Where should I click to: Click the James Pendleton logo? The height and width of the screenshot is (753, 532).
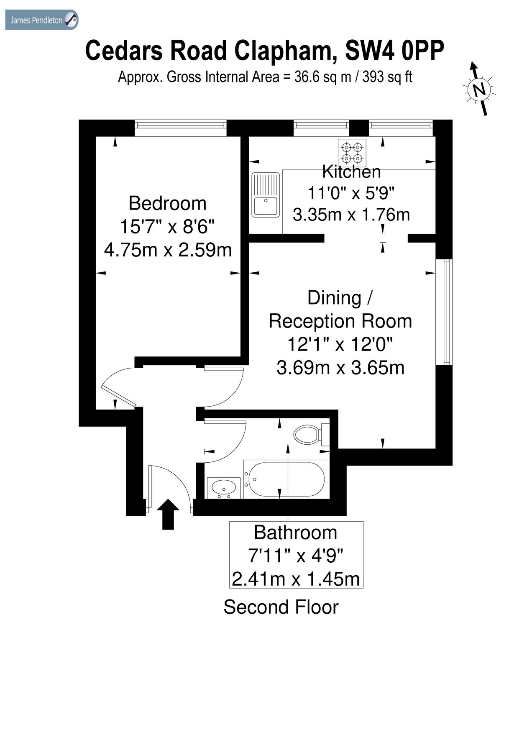41,20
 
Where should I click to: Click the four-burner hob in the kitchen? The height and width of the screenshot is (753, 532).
352,153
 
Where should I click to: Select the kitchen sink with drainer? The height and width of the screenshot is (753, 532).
265,195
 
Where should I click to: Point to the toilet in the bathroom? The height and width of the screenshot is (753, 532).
309,435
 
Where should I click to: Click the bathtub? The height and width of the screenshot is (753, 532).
284,479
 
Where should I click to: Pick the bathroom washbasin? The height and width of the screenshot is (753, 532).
224,488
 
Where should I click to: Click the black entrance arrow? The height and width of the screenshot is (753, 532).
168,514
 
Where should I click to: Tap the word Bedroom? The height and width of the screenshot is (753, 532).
167,203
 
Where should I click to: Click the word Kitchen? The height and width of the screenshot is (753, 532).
351,172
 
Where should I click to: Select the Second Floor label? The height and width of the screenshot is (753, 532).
281,607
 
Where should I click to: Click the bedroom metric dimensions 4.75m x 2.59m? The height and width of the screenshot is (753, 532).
167,250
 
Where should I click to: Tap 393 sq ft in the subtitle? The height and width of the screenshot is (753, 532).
387,77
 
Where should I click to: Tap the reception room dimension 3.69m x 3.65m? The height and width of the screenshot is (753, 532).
340,368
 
